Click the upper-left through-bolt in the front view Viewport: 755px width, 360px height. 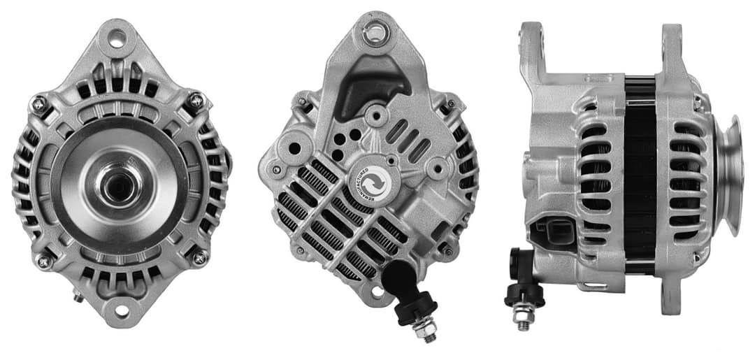(39, 105)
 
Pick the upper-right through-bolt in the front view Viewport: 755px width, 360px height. (196, 101)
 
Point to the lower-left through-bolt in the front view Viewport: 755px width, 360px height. (43, 261)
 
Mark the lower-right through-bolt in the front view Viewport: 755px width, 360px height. (200, 257)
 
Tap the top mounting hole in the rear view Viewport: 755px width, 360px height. (375, 31)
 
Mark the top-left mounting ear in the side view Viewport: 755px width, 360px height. (531, 45)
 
